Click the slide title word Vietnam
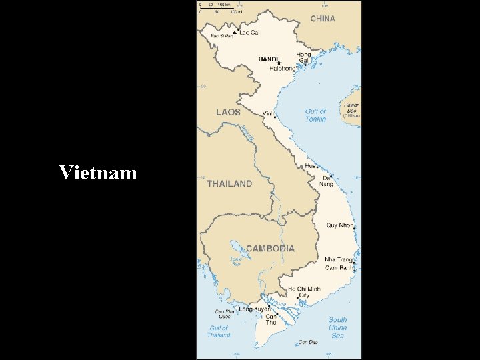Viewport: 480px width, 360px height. (x=97, y=173)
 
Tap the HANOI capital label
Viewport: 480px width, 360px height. (x=268, y=59)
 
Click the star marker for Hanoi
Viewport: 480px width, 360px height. (x=279, y=63)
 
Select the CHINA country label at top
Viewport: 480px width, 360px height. (x=323, y=19)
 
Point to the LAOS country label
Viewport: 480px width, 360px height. (x=228, y=112)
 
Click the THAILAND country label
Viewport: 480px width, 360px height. (x=229, y=183)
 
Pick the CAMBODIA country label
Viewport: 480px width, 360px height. (x=270, y=248)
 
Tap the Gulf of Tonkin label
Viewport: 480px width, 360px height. (x=315, y=115)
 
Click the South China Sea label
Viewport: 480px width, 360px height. (x=337, y=327)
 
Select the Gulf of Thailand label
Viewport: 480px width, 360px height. (x=219, y=331)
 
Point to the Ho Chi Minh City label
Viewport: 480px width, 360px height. (x=304, y=292)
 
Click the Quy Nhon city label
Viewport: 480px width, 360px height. (x=340, y=225)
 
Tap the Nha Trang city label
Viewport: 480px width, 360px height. (x=339, y=259)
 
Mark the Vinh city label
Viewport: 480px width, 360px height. (x=268, y=113)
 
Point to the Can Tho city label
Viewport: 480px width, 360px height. (x=271, y=319)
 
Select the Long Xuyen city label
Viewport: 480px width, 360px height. (x=254, y=309)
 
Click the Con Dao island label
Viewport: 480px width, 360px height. (x=308, y=343)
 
